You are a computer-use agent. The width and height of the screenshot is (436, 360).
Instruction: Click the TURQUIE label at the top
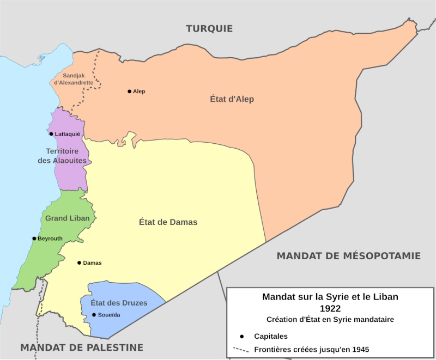[x=209, y=28]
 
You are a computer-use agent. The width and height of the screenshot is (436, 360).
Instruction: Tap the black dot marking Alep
[x=129, y=91]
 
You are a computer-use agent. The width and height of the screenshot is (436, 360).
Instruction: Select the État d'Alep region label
[x=232, y=99]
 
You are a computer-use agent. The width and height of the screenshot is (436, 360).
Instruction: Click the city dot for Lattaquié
[x=51, y=134]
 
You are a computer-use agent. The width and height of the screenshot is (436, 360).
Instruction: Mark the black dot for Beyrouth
[x=34, y=239]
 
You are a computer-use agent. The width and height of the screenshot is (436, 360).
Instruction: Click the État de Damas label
[x=168, y=222]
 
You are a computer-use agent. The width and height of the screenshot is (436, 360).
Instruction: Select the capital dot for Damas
[x=79, y=263]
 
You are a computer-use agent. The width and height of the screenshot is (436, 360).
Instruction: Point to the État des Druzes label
[x=119, y=303]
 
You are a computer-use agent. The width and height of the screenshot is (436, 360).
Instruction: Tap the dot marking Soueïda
[x=94, y=315]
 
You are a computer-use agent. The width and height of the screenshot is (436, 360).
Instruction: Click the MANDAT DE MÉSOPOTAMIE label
[x=348, y=255]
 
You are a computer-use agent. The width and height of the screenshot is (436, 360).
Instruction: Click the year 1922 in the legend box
[x=330, y=308]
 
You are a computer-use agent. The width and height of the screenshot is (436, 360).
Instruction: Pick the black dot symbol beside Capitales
[x=241, y=336]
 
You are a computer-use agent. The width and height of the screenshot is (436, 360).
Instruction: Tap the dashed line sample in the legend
[x=241, y=350]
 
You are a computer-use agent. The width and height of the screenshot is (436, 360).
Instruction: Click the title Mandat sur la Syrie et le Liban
[x=330, y=297]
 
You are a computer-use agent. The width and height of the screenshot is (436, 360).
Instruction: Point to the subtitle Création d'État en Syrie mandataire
[x=330, y=319]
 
